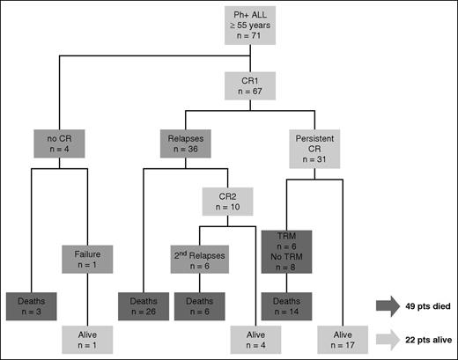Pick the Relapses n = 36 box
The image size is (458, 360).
pyautogui.click(x=185, y=144)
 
